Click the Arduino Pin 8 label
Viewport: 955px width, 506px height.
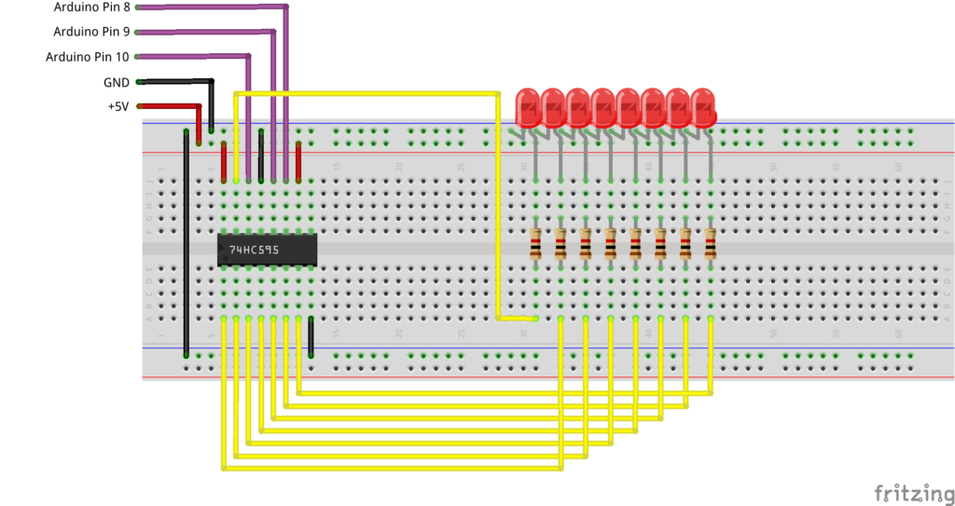click(x=92, y=7)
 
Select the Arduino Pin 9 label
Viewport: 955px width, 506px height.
click(x=92, y=32)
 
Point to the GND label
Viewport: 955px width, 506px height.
click(x=117, y=82)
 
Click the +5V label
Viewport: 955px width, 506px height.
click(x=118, y=106)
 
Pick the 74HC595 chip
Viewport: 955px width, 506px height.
click(x=267, y=250)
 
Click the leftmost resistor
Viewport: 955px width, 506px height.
click(x=535, y=244)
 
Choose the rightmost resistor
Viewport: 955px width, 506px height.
click(x=710, y=244)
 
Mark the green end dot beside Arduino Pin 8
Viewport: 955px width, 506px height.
click(x=139, y=7)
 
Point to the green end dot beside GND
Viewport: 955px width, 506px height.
click(x=139, y=82)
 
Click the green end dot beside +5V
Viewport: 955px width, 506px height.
click(x=139, y=106)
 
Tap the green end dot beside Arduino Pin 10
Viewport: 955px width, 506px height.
click(x=139, y=57)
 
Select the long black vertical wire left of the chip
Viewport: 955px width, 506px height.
click(x=187, y=242)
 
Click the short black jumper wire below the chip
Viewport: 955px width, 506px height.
click(x=311, y=337)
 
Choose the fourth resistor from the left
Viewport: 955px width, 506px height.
click(x=610, y=244)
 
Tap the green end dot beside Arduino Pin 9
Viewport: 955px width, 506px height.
click(x=139, y=32)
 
